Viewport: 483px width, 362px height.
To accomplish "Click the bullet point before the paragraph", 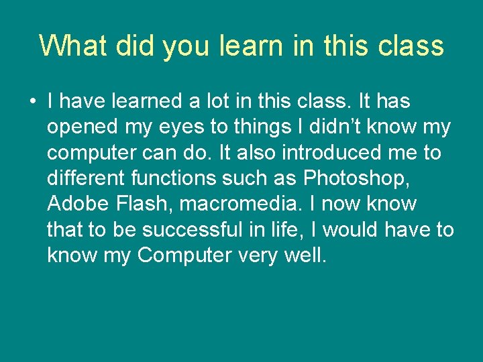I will point(32,103).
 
